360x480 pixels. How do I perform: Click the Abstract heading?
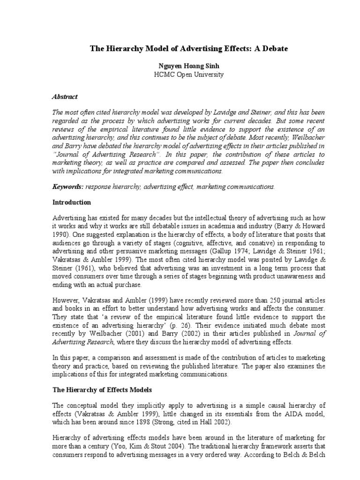65,97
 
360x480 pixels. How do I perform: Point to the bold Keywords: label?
67,187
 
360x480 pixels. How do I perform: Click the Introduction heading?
71,202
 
